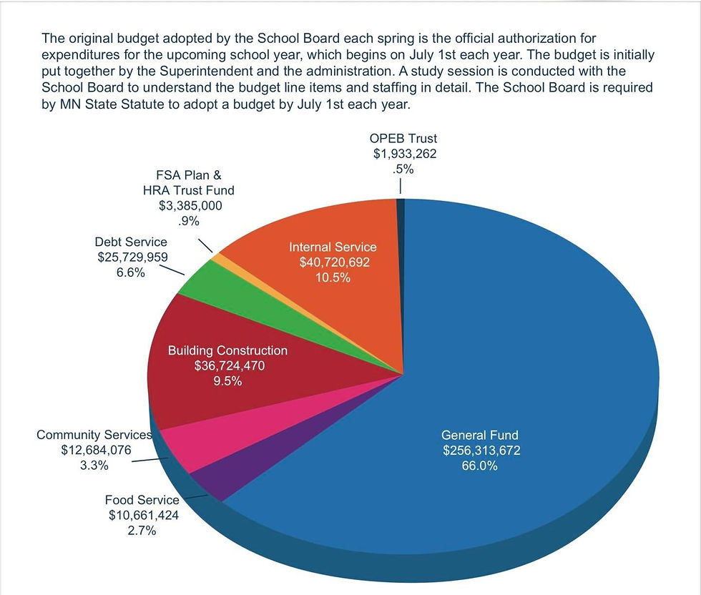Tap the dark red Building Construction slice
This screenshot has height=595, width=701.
point(215,386)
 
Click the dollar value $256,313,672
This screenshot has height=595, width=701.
point(481,451)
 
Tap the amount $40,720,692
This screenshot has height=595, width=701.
point(333,262)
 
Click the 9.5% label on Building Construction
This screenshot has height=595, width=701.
point(227,381)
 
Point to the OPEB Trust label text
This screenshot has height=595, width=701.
point(403,138)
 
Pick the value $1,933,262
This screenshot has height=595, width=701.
point(403,154)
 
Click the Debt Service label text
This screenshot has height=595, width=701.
point(131,242)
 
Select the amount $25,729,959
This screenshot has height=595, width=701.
point(131,257)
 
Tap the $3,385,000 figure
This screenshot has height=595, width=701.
point(190,206)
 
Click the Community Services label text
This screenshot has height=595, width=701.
point(94,435)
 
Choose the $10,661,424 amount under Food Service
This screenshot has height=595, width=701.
point(143,516)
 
